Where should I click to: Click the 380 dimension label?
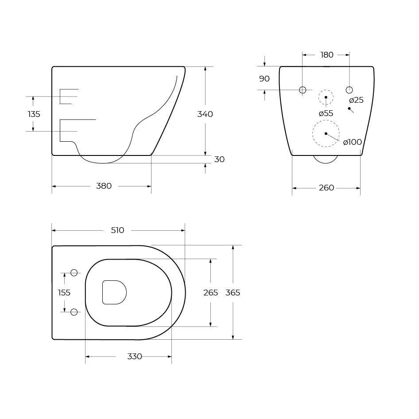[x=104, y=186]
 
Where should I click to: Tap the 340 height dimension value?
[x=205, y=114]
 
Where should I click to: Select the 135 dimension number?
[x=34, y=114]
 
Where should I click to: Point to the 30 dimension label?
[x=219, y=159]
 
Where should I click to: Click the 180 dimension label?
[x=327, y=55]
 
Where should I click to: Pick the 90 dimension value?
[x=264, y=79]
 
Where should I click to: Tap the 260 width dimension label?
[x=326, y=188]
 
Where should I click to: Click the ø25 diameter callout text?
[x=356, y=100]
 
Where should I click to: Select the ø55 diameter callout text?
[x=326, y=113]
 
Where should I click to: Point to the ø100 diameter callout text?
[x=353, y=142]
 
